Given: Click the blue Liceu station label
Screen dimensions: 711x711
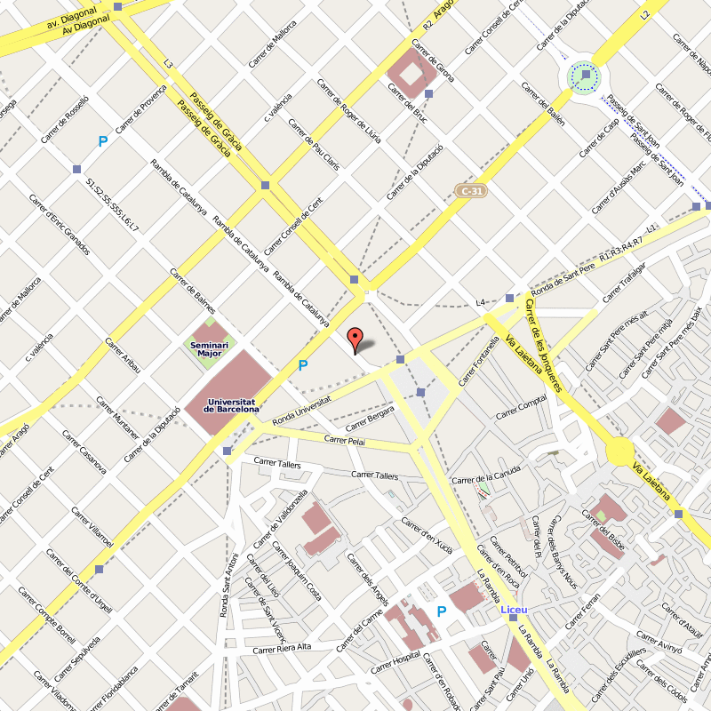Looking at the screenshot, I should [515, 610].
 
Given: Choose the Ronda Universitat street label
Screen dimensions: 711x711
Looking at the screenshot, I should [301, 410].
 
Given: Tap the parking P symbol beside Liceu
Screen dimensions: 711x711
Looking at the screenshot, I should [441, 611].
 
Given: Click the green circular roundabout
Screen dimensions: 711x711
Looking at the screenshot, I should [585, 76].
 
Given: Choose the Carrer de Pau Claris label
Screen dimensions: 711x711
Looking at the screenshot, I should [315, 145].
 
